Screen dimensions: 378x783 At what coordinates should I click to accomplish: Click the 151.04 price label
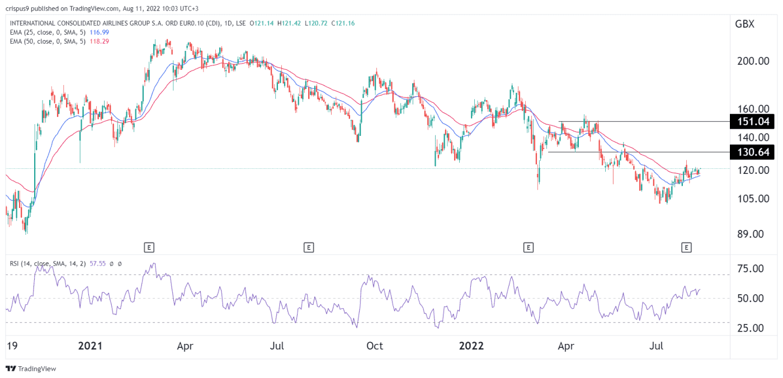pyautogui.click(x=752, y=121)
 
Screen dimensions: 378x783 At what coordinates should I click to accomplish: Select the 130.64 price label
pyautogui.click(x=752, y=152)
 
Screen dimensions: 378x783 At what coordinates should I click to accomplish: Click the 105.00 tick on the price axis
pyautogui.click(x=752, y=199)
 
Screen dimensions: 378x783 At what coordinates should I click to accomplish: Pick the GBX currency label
pyautogui.click(x=745, y=24)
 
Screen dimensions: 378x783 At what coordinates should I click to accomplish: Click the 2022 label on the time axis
pyautogui.click(x=470, y=346)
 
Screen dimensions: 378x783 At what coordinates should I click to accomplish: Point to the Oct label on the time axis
pyautogui.click(x=375, y=346)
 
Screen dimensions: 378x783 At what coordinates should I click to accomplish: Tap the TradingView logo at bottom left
pyautogui.click(x=31, y=368)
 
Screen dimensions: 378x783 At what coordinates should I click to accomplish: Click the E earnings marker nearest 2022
pyautogui.click(x=527, y=246)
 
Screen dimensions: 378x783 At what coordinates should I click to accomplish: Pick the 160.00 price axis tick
pyautogui.click(x=752, y=109)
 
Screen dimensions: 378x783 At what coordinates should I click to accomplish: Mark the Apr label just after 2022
pyautogui.click(x=566, y=346)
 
